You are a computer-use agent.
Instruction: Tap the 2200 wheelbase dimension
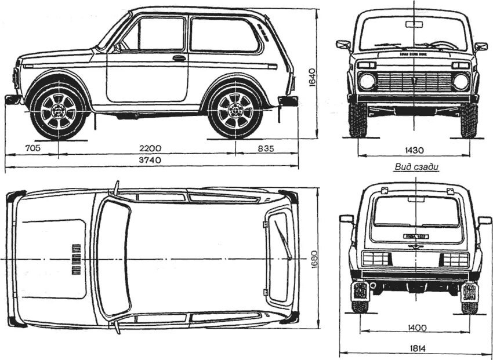point(149,148)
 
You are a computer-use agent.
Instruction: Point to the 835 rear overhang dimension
point(266,148)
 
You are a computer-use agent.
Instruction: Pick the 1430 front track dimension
point(413,150)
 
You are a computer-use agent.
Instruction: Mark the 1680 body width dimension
point(311,258)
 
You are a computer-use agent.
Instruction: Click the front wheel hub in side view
point(58,110)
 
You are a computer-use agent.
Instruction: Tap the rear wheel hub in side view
point(235,110)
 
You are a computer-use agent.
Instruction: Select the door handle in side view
point(179,58)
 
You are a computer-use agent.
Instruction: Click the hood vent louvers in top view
point(75,259)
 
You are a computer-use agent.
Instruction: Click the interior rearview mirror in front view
point(414,24)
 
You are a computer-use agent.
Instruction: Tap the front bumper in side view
point(13,99)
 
